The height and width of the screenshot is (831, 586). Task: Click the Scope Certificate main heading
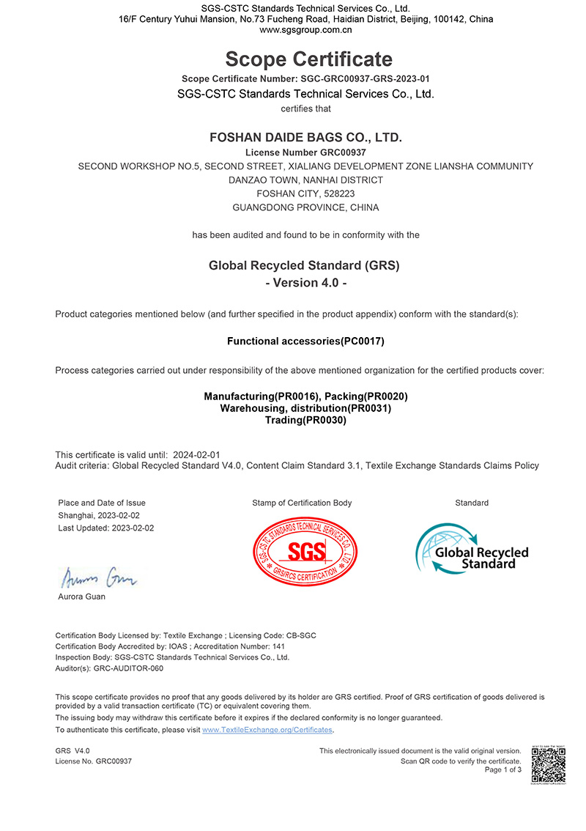[x=308, y=59]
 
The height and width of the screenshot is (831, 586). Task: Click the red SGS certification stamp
[x=305, y=550]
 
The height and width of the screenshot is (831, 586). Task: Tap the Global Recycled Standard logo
[x=472, y=550]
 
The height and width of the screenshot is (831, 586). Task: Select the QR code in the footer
[x=549, y=765]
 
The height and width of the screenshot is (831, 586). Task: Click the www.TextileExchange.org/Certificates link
[x=267, y=730]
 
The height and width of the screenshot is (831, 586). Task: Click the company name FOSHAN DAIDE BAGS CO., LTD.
[x=305, y=137]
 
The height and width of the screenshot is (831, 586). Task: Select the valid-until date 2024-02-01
[x=197, y=455]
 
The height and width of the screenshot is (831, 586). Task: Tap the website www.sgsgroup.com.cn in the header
[x=305, y=30]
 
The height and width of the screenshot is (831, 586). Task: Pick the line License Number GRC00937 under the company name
[x=305, y=152]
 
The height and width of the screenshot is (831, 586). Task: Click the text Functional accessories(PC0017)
[x=305, y=341]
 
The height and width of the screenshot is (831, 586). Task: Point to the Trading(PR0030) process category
[x=305, y=420]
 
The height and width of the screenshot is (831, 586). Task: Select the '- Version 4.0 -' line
[x=305, y=283]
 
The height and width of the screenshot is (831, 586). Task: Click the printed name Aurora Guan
[x=81, y=597]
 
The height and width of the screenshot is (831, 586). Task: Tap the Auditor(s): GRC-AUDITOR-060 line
[x=110, y=668]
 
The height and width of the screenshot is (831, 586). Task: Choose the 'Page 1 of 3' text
[x=503, y=770]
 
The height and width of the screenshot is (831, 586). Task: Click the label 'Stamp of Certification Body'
[x=302, y=503]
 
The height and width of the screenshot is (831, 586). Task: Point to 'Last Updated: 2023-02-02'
[x=106, y=528]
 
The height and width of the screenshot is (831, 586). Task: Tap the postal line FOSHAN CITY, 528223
[x=305, y=193]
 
